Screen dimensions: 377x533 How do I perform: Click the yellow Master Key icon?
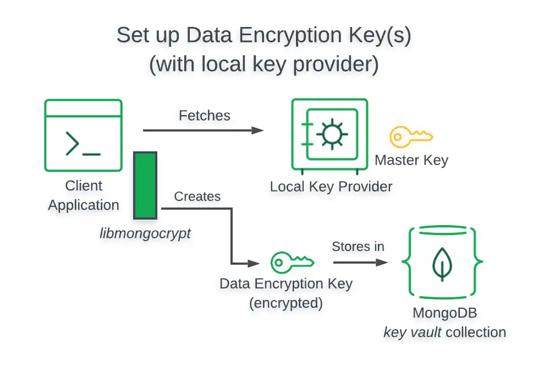pos(411,136)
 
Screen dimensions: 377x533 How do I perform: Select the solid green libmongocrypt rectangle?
pos(146,185)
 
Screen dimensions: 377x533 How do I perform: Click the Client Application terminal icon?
pos(83,135)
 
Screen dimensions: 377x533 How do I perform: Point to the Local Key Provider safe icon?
pos(329,135)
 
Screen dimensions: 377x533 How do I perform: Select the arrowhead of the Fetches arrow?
pos(257,130)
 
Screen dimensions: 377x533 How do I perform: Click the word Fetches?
pos(205,115)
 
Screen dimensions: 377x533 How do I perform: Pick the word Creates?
pos(197,196)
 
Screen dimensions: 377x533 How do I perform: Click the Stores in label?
pos(358,247)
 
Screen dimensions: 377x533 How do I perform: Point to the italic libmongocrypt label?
pos(145,233)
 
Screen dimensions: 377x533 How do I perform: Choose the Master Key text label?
pos(411,160)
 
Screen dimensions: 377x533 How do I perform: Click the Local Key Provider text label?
pos(331,187)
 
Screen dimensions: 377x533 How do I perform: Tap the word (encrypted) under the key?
pos(285,303)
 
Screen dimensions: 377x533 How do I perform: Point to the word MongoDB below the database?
pos(444,313)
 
